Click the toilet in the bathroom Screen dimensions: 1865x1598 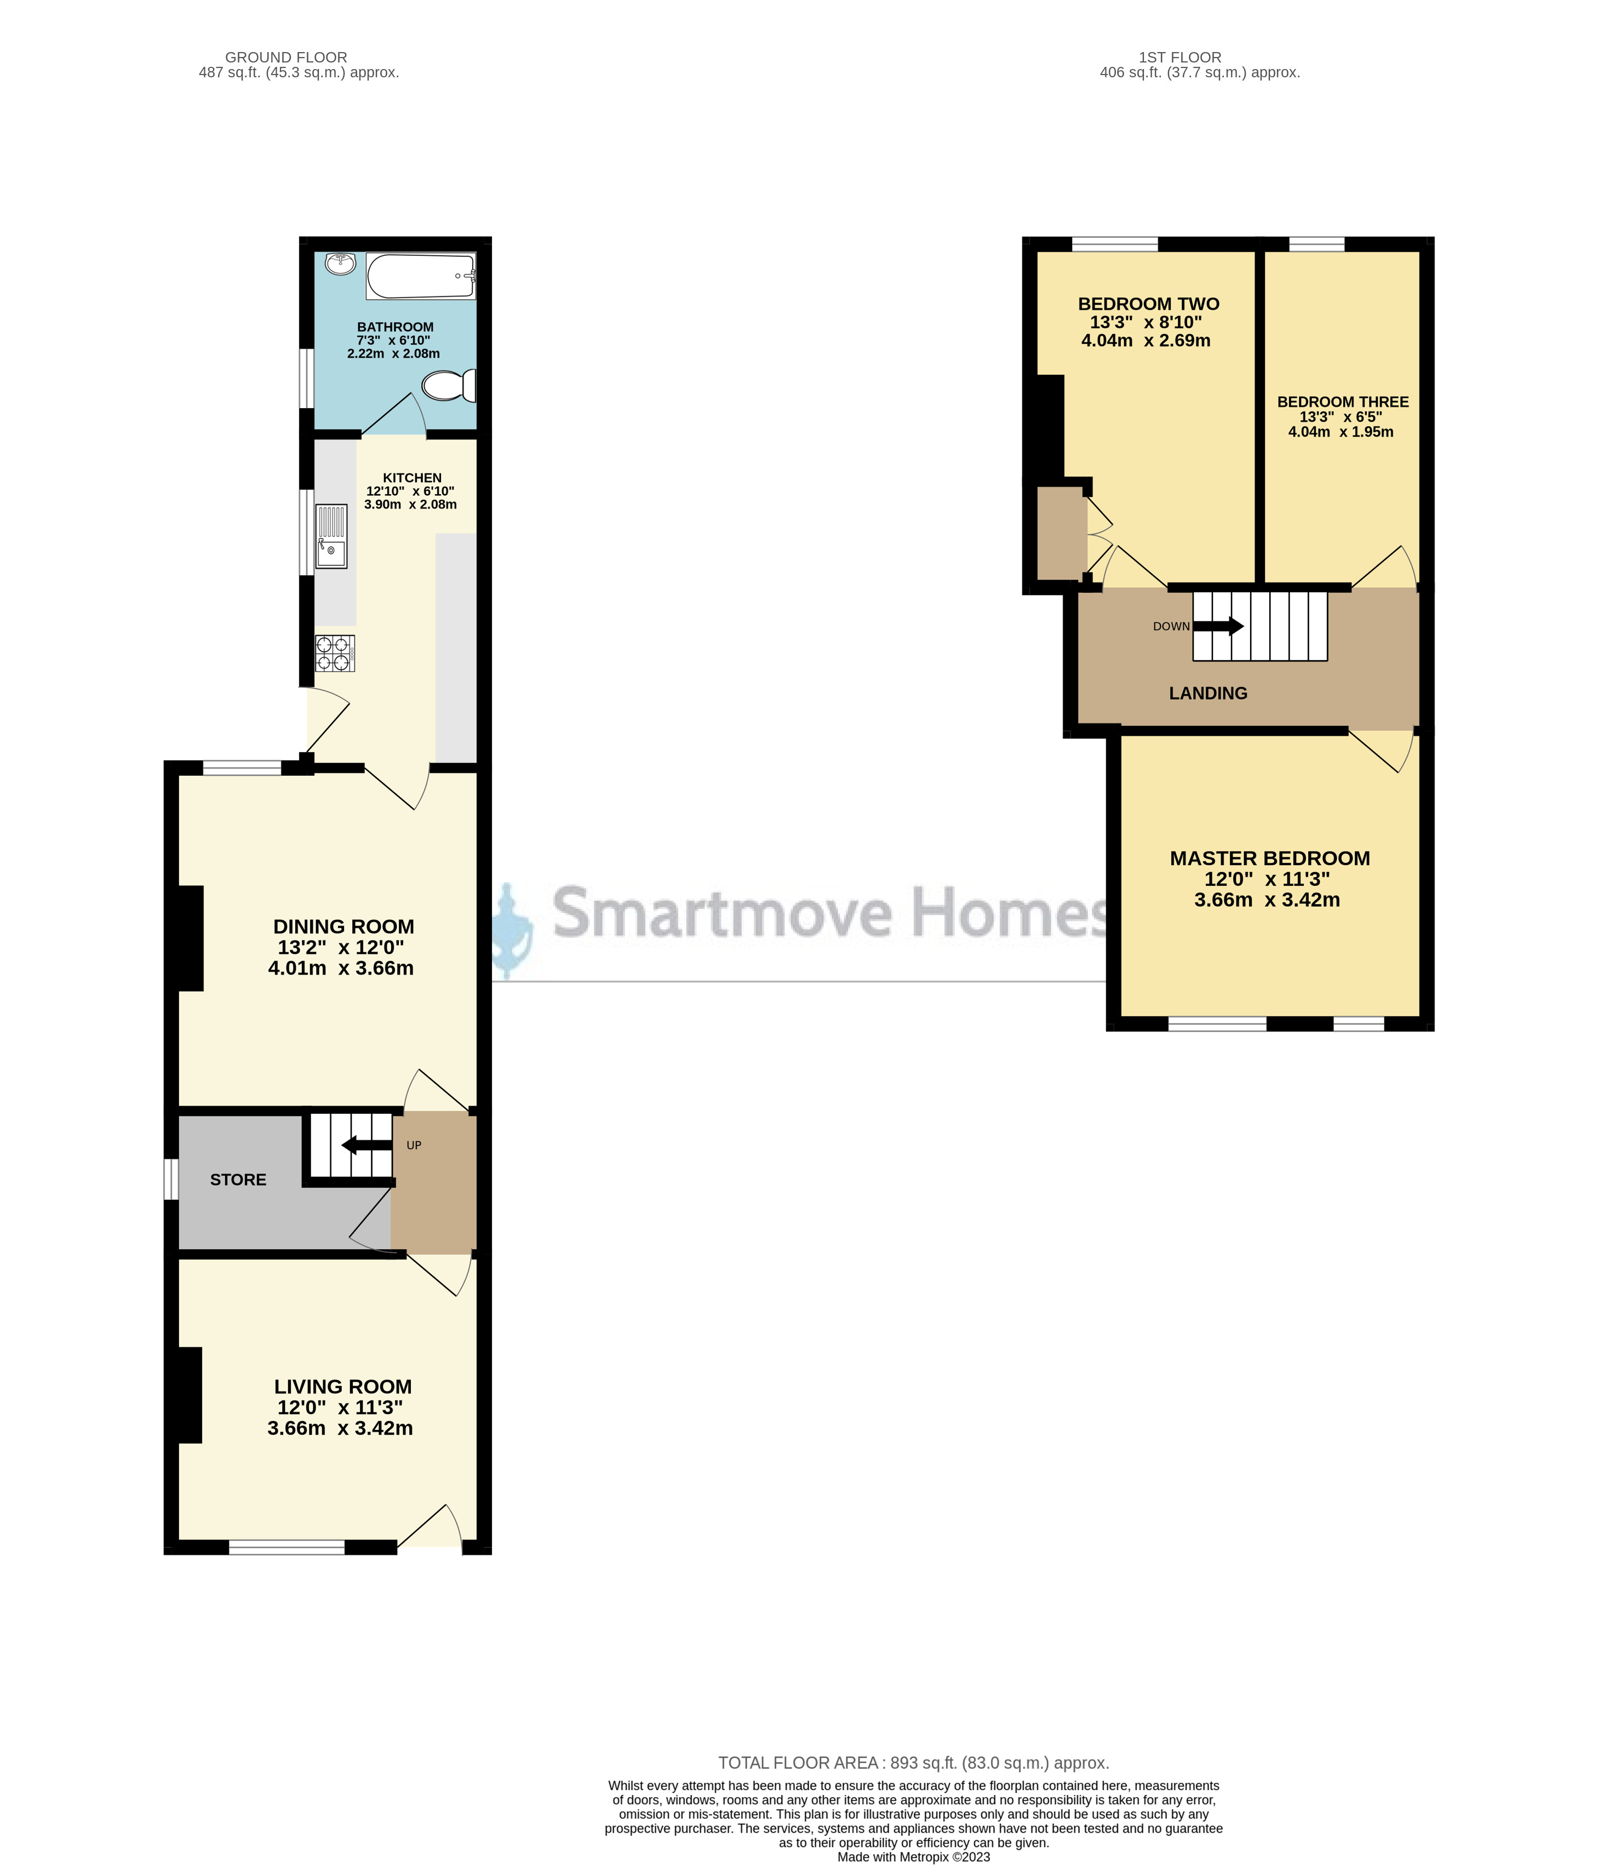point(447,386)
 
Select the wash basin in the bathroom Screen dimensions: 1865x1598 point(341,263)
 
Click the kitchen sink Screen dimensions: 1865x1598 point(331,536)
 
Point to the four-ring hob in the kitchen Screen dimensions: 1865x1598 point(334,654)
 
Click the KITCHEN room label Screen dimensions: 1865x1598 point(412,478)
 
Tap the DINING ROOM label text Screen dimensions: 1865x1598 point(343,926)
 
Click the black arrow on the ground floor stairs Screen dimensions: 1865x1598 point(366,1145)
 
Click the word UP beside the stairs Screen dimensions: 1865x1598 point(414,1146)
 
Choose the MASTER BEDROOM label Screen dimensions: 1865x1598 point(1270,859)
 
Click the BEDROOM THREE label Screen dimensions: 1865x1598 point(1343,402)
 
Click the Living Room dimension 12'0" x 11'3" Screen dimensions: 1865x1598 point(340,1408)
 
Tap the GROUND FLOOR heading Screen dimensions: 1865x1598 point(286,58)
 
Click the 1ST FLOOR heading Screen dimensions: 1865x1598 point(1179,58)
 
